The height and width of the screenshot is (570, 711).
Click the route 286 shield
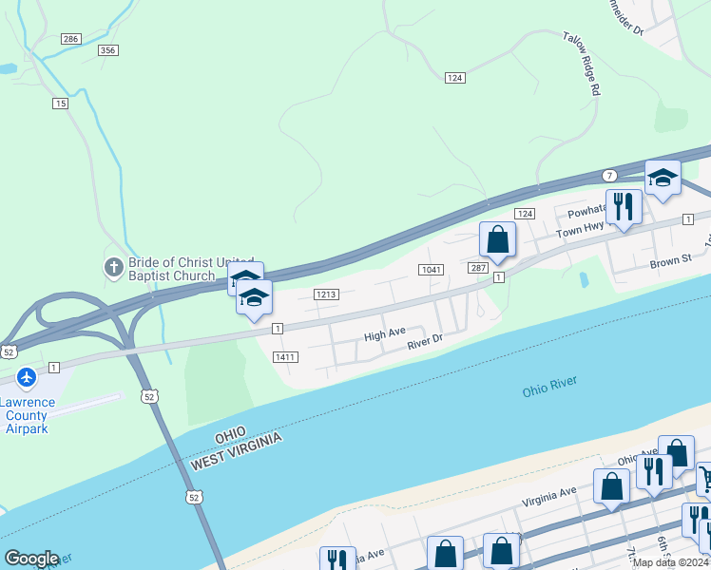click(x=70, y=38)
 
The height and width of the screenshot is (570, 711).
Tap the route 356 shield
click(x=107, y=50)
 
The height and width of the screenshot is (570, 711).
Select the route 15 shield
click(x=61, y=104)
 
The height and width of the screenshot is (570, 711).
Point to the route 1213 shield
click(x=325, y=294)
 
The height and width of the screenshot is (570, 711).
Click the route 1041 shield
click(x=431, y=270)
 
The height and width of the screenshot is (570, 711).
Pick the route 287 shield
click(x=477, y=270)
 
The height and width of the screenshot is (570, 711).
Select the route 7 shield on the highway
click(x=609, y=176)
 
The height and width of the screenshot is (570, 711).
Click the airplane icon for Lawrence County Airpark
click(x=27, y=377)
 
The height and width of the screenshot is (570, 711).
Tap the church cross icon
click(x=112, y=267)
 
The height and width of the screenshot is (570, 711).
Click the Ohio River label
click(x=549, y=388)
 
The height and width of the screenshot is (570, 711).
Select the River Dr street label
click(x=425, y=342)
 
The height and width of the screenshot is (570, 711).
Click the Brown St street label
click(x=671, y=260)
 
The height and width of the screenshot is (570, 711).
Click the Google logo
click(x=31, y=559)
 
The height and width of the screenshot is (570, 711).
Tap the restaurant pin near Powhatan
click(x=624, y=207)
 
